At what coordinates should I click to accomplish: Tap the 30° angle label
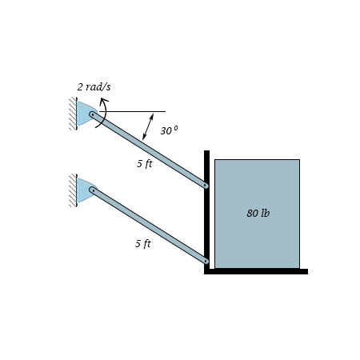[169, 130]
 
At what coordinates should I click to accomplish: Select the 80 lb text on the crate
[258, 214]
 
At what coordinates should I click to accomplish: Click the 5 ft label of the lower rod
[142, 243]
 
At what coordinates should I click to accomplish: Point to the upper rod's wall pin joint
[93, 115]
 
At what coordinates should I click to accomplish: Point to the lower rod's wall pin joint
[93, 190]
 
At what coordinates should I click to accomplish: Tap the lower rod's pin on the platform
[206, 260]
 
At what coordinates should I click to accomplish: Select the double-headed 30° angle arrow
[148, 126]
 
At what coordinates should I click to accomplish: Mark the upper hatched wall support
[73, 114]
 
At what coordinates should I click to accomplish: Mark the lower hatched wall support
[73, 190]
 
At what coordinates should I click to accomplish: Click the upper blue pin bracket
[84, 114]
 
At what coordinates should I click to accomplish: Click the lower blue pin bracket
[84, 190]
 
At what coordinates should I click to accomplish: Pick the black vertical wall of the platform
[206, 208]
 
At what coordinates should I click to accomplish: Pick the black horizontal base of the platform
[256, 271]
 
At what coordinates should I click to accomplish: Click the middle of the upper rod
[150, 150]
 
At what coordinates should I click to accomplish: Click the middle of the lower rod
[150, 226]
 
